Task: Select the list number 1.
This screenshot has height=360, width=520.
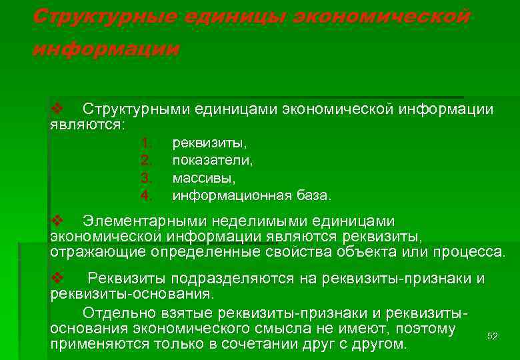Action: [147, 143]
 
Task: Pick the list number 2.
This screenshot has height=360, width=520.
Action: [147, 160]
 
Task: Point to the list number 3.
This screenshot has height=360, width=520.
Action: [147, 178]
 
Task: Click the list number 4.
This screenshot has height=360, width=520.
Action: [147, 195]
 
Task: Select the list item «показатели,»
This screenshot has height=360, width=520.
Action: [213, 160]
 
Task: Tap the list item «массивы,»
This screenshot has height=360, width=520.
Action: [204, 178]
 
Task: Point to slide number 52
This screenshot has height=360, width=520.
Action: [493, 336]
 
